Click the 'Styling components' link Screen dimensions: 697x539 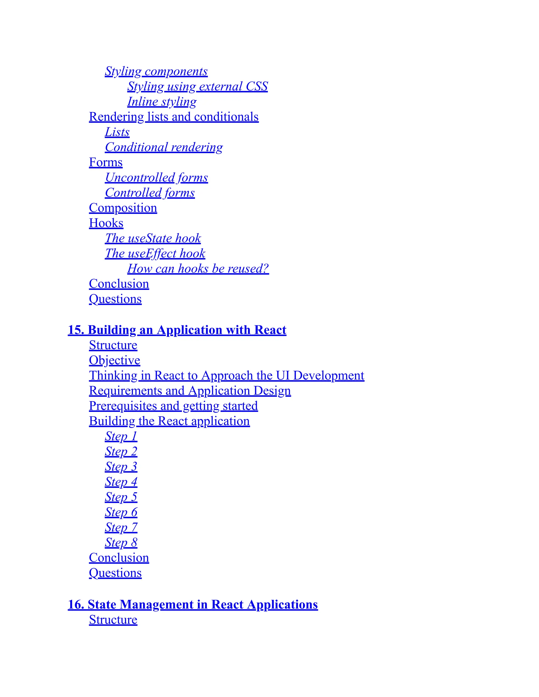[156, 71]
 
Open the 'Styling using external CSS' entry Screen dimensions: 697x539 [197, 87]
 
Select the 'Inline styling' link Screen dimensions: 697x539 [162, 102]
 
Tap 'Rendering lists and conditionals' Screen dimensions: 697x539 [174, 117]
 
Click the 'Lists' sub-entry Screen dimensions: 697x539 [117, 132]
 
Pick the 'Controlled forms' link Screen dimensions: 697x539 [150, 193]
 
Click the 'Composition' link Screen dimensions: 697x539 [123, 208]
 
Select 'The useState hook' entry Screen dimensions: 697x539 [153, 238]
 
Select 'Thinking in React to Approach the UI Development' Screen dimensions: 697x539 [226, 375]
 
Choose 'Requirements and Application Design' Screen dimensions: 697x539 [190, 391]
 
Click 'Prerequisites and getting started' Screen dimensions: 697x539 [173, 406]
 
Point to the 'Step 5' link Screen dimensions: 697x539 [121, 497]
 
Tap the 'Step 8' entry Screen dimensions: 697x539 [121, 543]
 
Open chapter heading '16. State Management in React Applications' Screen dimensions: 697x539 [193, 604]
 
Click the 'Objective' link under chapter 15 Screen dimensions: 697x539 [114, 360]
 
